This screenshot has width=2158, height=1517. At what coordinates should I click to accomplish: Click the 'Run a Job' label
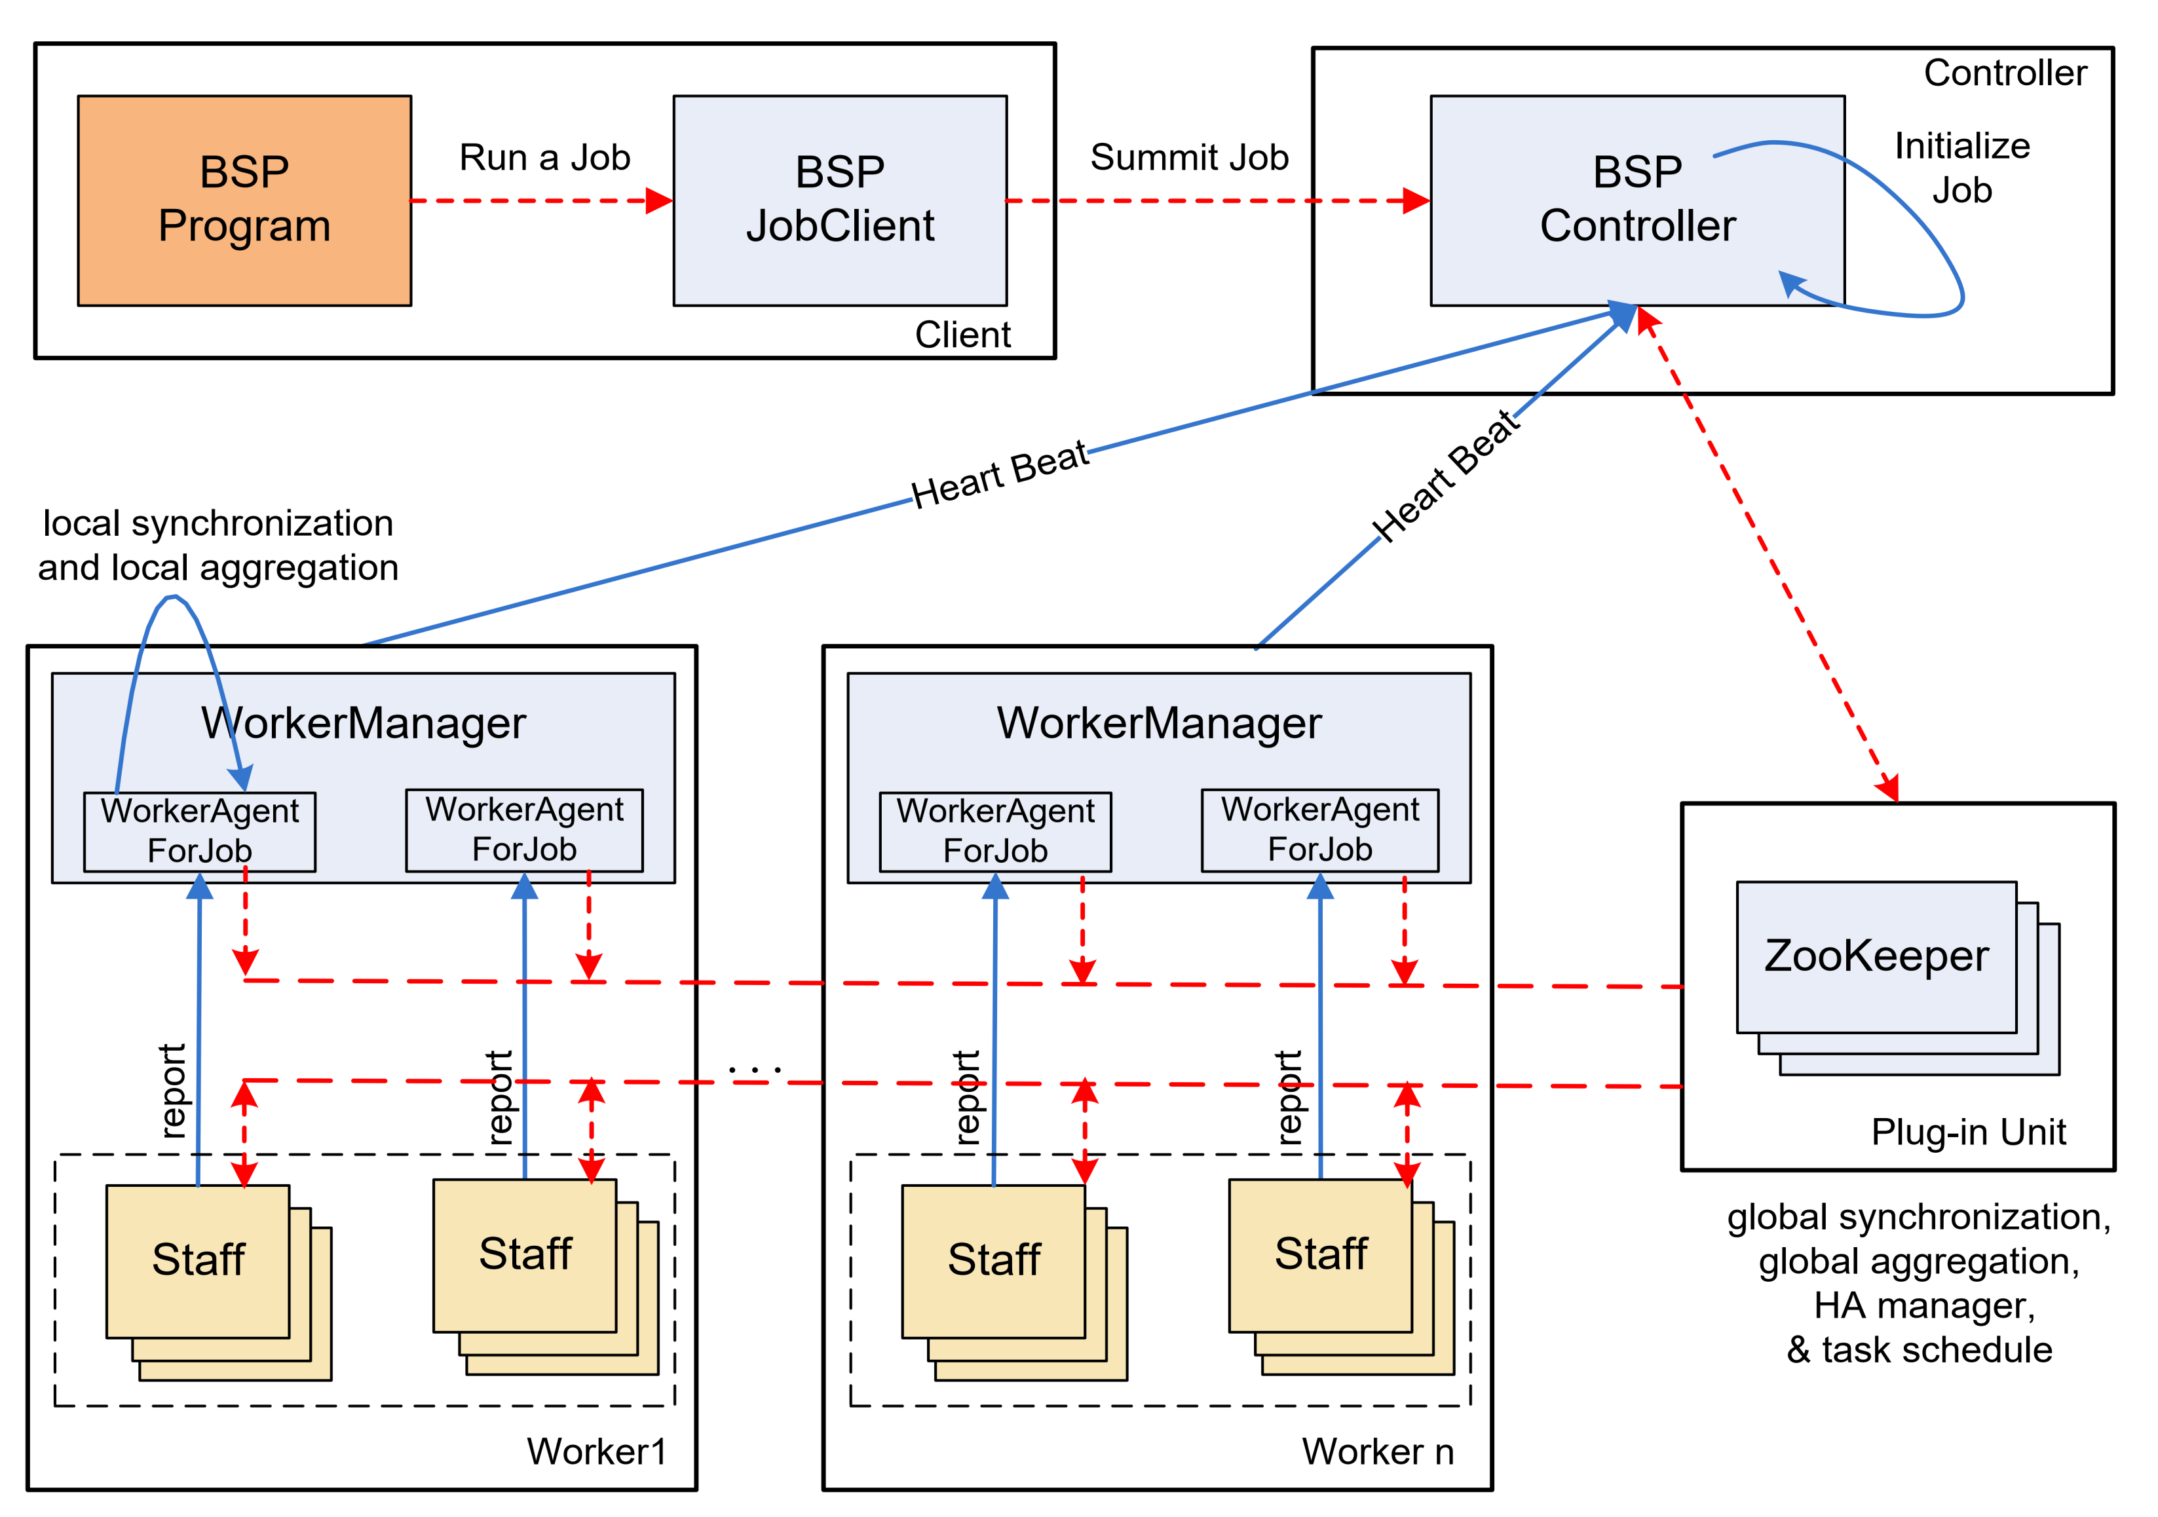[x=544, y=157]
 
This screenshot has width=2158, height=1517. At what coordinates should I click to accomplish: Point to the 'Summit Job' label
[x=1189, y=157]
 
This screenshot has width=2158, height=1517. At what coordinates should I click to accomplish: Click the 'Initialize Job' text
[x=1961, y=167]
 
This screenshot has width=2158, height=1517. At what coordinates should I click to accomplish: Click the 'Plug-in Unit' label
[x=1968, y=1132]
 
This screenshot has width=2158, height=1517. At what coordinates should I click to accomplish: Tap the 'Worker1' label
[x=596, y=1451]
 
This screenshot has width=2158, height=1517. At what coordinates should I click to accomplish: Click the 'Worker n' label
[x=1377, y=1451]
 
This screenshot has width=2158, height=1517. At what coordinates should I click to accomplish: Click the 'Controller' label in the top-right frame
[x=2005, y=72]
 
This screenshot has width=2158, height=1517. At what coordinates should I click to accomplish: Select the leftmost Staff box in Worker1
[x=199, y=1260]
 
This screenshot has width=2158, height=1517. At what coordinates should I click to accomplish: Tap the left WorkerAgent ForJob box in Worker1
[x=199, y=831]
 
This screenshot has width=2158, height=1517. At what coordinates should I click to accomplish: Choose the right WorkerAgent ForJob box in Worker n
[x=1319, y=829]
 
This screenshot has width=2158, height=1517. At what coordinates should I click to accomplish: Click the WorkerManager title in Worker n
[x=1158, y=722]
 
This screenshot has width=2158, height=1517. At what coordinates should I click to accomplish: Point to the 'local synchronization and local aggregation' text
[x=218, y=545]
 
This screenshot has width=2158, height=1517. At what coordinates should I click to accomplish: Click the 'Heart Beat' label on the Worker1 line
[x=999, y=476]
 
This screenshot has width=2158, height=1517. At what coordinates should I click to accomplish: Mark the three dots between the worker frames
[x=755, y=1069]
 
